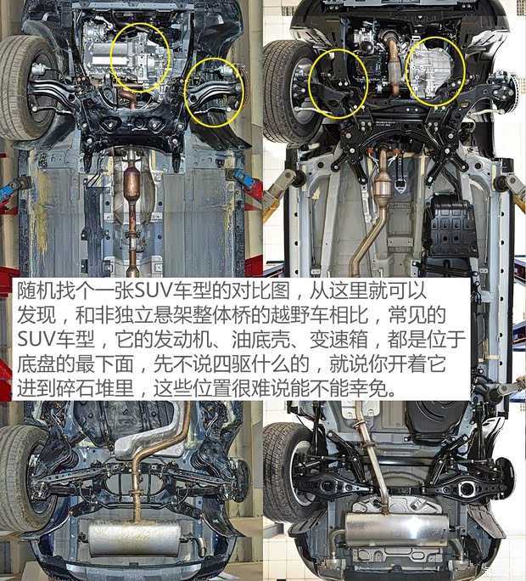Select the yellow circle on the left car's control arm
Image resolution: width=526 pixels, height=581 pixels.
click(215, 92)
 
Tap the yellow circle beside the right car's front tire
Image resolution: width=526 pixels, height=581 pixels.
click(337, 83)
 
